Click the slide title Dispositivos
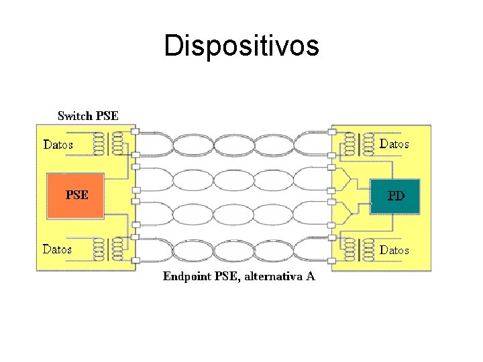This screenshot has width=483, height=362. [x=241, y=46]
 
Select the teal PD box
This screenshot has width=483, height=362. [x=396, y=196]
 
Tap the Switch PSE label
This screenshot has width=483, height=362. [x=88, y=116]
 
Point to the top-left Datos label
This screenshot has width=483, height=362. [x=58, y=144]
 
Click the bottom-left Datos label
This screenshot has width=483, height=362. [x=58, y=249]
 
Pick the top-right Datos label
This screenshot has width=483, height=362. [x=394, y=143]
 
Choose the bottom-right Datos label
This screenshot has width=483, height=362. [x=394, y=249]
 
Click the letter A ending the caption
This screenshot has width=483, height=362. [x=310, y=276]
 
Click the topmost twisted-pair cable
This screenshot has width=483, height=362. [x=235, y=144]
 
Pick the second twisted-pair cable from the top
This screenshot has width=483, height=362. [x=235, y=179]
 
